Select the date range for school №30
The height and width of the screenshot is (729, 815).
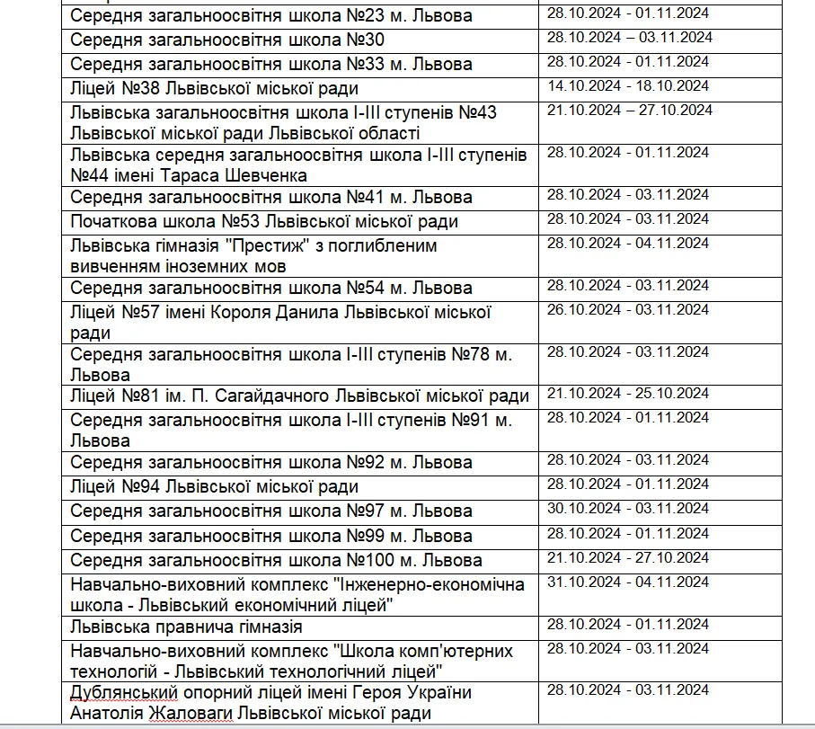point(629,38)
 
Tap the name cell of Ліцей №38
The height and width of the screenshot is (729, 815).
point(214,88)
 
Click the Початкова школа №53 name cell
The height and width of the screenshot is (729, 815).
point(264,221)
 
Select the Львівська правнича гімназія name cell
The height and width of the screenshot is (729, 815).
point(186,627)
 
